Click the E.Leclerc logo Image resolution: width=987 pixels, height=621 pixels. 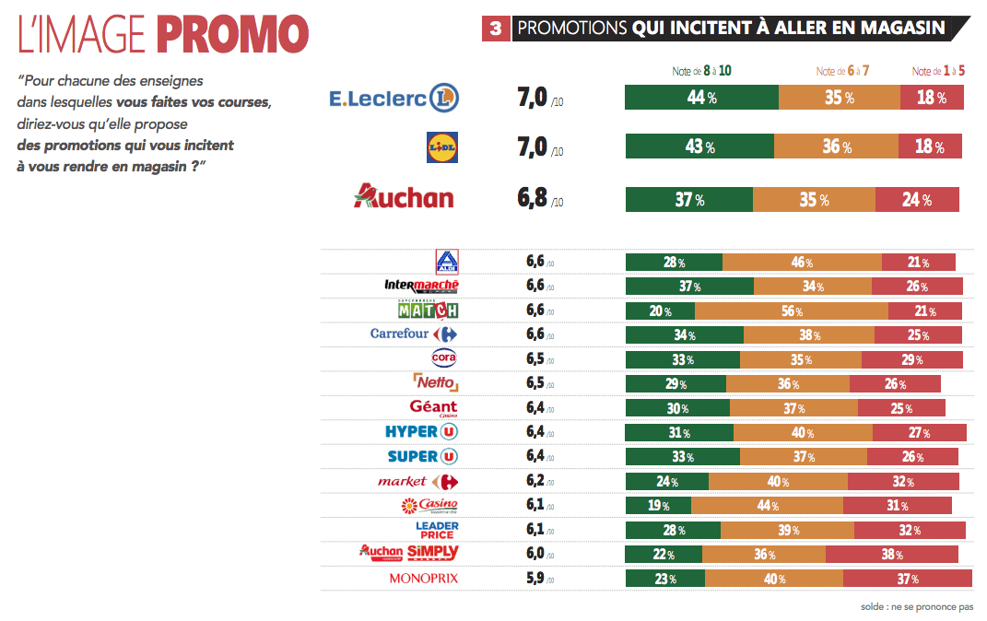tap(394, 98)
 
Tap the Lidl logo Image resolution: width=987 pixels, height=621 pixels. tap(441, 147)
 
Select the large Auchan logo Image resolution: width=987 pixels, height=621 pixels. tap(404, 196)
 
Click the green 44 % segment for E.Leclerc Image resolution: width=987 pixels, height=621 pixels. tap(701, 98)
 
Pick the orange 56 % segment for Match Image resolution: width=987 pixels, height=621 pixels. tap(792, 310)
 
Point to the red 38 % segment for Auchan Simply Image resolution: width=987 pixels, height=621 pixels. tap(891, 554)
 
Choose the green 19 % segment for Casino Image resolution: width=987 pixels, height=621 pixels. tap(658, 505)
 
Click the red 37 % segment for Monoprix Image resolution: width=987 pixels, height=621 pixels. tap(907, 579)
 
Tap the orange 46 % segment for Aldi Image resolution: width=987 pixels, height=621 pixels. tap(802, 263)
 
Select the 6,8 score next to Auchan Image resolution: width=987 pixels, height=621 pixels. tap(532, 199)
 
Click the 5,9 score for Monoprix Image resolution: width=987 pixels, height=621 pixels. tap(535, 579)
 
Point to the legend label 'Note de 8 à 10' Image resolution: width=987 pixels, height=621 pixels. tap(702, 71)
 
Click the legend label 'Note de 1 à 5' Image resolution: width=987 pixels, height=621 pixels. tap(938, 71)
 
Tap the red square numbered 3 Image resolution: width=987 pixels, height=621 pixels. tap(496, 29)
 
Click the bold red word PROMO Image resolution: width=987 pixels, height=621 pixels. tap(231, 35)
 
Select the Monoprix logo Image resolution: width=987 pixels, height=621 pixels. tap(423, 579)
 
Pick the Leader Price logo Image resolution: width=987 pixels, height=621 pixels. tap(437, 530)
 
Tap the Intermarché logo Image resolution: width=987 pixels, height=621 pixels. tap(421, 287)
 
